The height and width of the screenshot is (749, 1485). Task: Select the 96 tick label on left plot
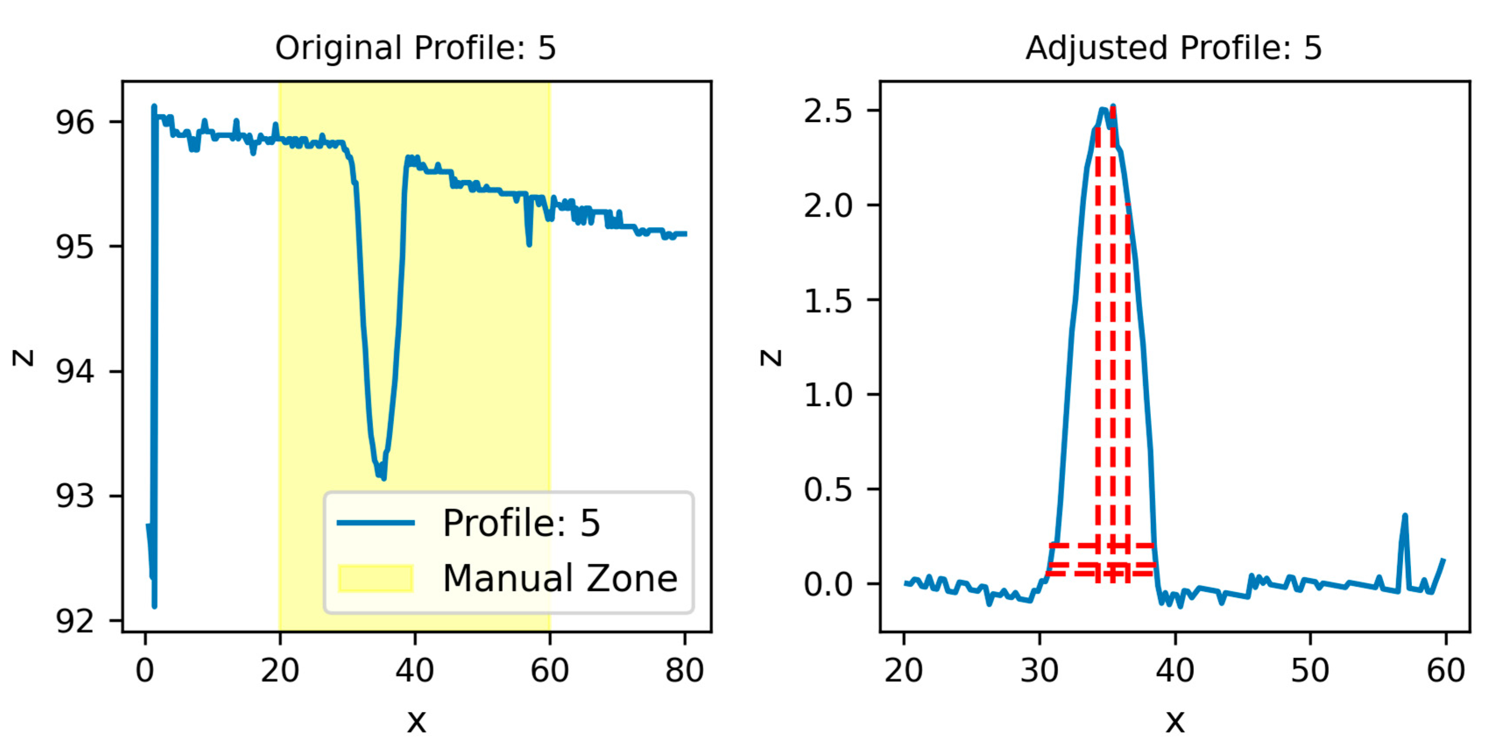click(x=74, y=122)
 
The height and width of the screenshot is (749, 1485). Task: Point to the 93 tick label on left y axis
click(x=74, y=496)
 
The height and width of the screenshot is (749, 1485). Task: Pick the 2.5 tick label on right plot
click(x=828, y=111)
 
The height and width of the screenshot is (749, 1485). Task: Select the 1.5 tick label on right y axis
click(x=828, y=300)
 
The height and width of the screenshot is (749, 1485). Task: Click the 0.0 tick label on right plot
click(x=828, y=585)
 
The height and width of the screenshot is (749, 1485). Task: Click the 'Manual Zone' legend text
click(x=560, y=578)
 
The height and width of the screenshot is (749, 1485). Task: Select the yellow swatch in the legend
click(x=375, y=578)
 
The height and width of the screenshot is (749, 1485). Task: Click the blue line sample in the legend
click(x=375, y=523)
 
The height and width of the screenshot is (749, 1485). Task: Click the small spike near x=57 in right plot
click(x=1404, y=517)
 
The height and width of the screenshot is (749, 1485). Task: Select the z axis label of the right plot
click(x=771, y=357)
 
